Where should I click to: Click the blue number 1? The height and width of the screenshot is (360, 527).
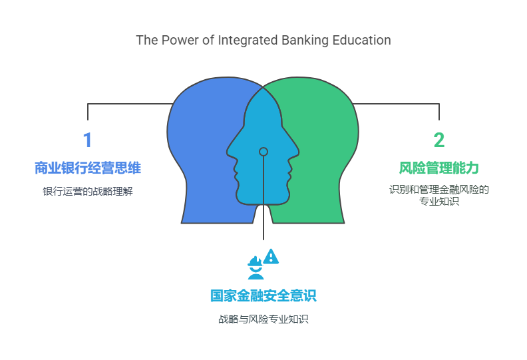click(87, 140)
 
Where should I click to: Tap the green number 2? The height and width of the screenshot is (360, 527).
click(439, 140)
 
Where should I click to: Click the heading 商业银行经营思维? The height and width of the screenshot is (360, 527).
click(87, 168)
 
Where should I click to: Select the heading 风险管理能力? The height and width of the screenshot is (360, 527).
click(439, 167)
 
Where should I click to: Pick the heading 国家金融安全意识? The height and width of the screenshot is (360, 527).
click(263, 295)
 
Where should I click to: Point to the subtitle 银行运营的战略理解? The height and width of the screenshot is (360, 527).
click(87, 192)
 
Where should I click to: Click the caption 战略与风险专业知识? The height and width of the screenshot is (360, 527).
click(263, 319)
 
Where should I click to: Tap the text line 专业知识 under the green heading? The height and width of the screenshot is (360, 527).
click(439, 201)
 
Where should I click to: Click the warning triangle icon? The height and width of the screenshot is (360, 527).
click(271, 257)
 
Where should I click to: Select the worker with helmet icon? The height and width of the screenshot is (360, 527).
click(255, 268)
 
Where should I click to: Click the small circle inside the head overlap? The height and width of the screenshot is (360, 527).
click(263, 152)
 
